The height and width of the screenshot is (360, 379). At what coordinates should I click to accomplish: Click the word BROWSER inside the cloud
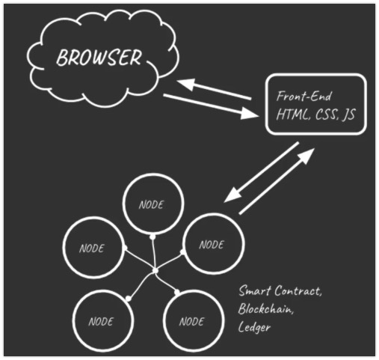(x=99, y=58)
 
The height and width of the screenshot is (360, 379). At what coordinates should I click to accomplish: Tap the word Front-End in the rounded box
(x=304, y=97)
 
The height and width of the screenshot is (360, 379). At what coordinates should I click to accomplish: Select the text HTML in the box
(x=292, y=115)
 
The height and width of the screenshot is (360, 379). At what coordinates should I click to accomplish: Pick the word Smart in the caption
(x=255, y=290)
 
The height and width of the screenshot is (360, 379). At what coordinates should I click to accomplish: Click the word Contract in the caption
(x=298, y=291)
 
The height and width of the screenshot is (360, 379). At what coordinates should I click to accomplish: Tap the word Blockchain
(x=265, y=309)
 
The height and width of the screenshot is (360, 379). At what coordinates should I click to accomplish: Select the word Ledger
(x=254, y=327)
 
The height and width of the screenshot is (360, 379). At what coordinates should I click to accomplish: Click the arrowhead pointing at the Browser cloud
(x=185, y=84)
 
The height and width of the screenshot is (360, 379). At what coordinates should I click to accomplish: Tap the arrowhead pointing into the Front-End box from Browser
(x=250, y=114)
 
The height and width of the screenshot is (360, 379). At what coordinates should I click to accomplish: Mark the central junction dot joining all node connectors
(x=155, y=271)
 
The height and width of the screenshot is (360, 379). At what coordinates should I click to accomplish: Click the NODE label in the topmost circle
(x=151, y=205)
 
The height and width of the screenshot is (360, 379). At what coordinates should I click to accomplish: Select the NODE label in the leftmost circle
(x=92, y=248)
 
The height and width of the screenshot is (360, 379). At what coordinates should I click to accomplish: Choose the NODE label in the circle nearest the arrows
(x=212, y=245)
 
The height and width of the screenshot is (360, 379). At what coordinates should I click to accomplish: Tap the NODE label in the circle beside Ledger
(x=191, y=322)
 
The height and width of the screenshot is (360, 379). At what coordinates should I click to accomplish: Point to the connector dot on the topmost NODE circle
(x=152, y=237)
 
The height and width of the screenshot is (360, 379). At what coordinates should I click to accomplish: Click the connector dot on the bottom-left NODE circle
(x=129, y=299)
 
